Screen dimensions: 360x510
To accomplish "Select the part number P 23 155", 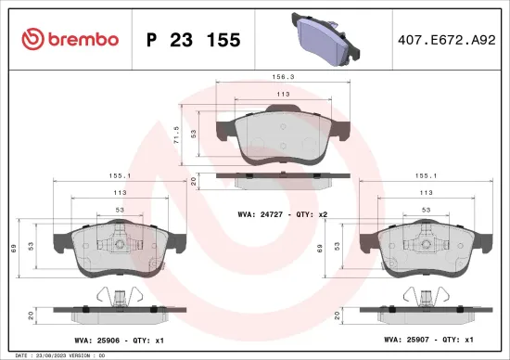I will tap(195, 40).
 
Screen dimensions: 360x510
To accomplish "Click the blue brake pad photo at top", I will tap(325, 38).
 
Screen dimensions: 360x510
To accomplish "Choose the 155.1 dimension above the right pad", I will tap(427, 174).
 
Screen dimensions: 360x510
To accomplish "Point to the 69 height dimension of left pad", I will tap(11, 248).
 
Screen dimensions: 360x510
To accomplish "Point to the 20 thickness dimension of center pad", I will tap(192, 181).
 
